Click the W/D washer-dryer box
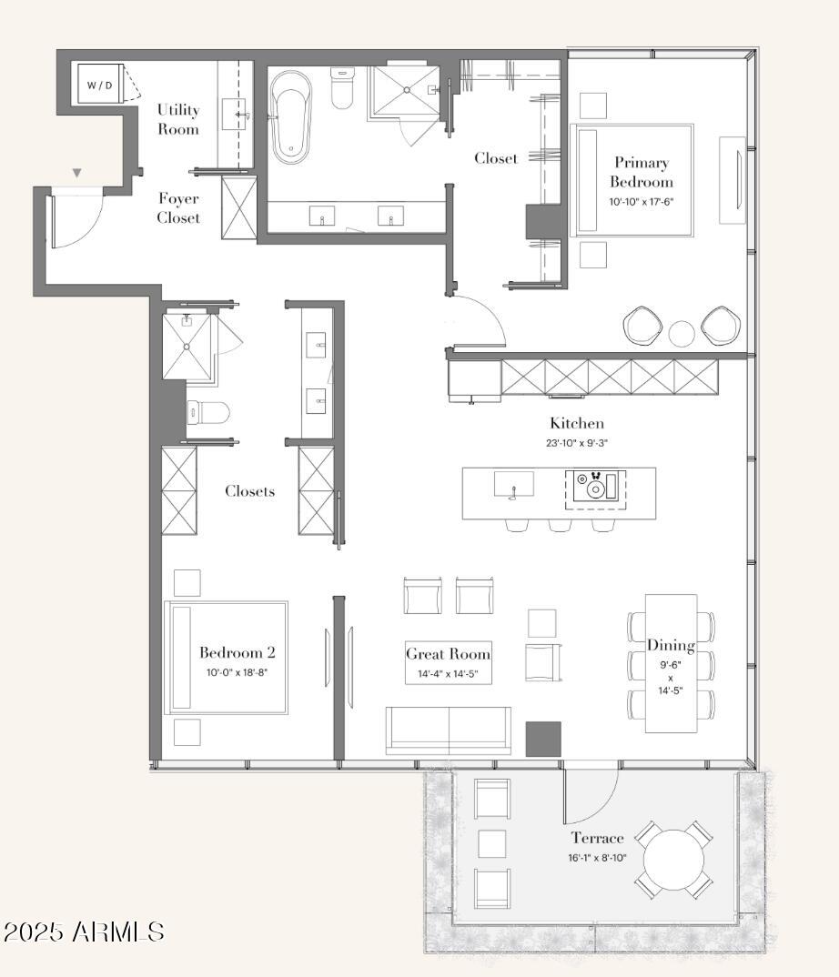pos(100,84)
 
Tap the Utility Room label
pos(178,119)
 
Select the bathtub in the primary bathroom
pos(291,117)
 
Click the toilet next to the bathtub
pos(341,88)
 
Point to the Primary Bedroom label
pos(642,172)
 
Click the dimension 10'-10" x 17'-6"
pos(642,202)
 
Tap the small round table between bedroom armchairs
pos(682,333)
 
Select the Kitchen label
pos(577,423)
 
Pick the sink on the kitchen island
pos(513,484)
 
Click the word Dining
pos(671,646)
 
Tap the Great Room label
pos(449,654)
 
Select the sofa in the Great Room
pos(449,730)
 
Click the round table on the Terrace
pos(673,860)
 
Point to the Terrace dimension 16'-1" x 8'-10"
pos(597,858)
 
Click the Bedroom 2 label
pos(237,652)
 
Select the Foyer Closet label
pos(178,208)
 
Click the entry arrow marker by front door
pos(76,173)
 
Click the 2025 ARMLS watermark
pos(84,932)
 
